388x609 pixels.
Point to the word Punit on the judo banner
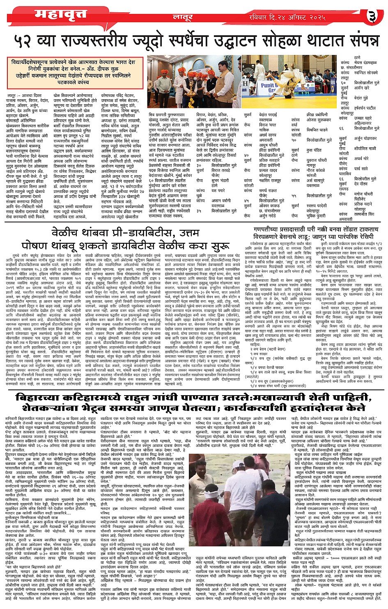(269, 86)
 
